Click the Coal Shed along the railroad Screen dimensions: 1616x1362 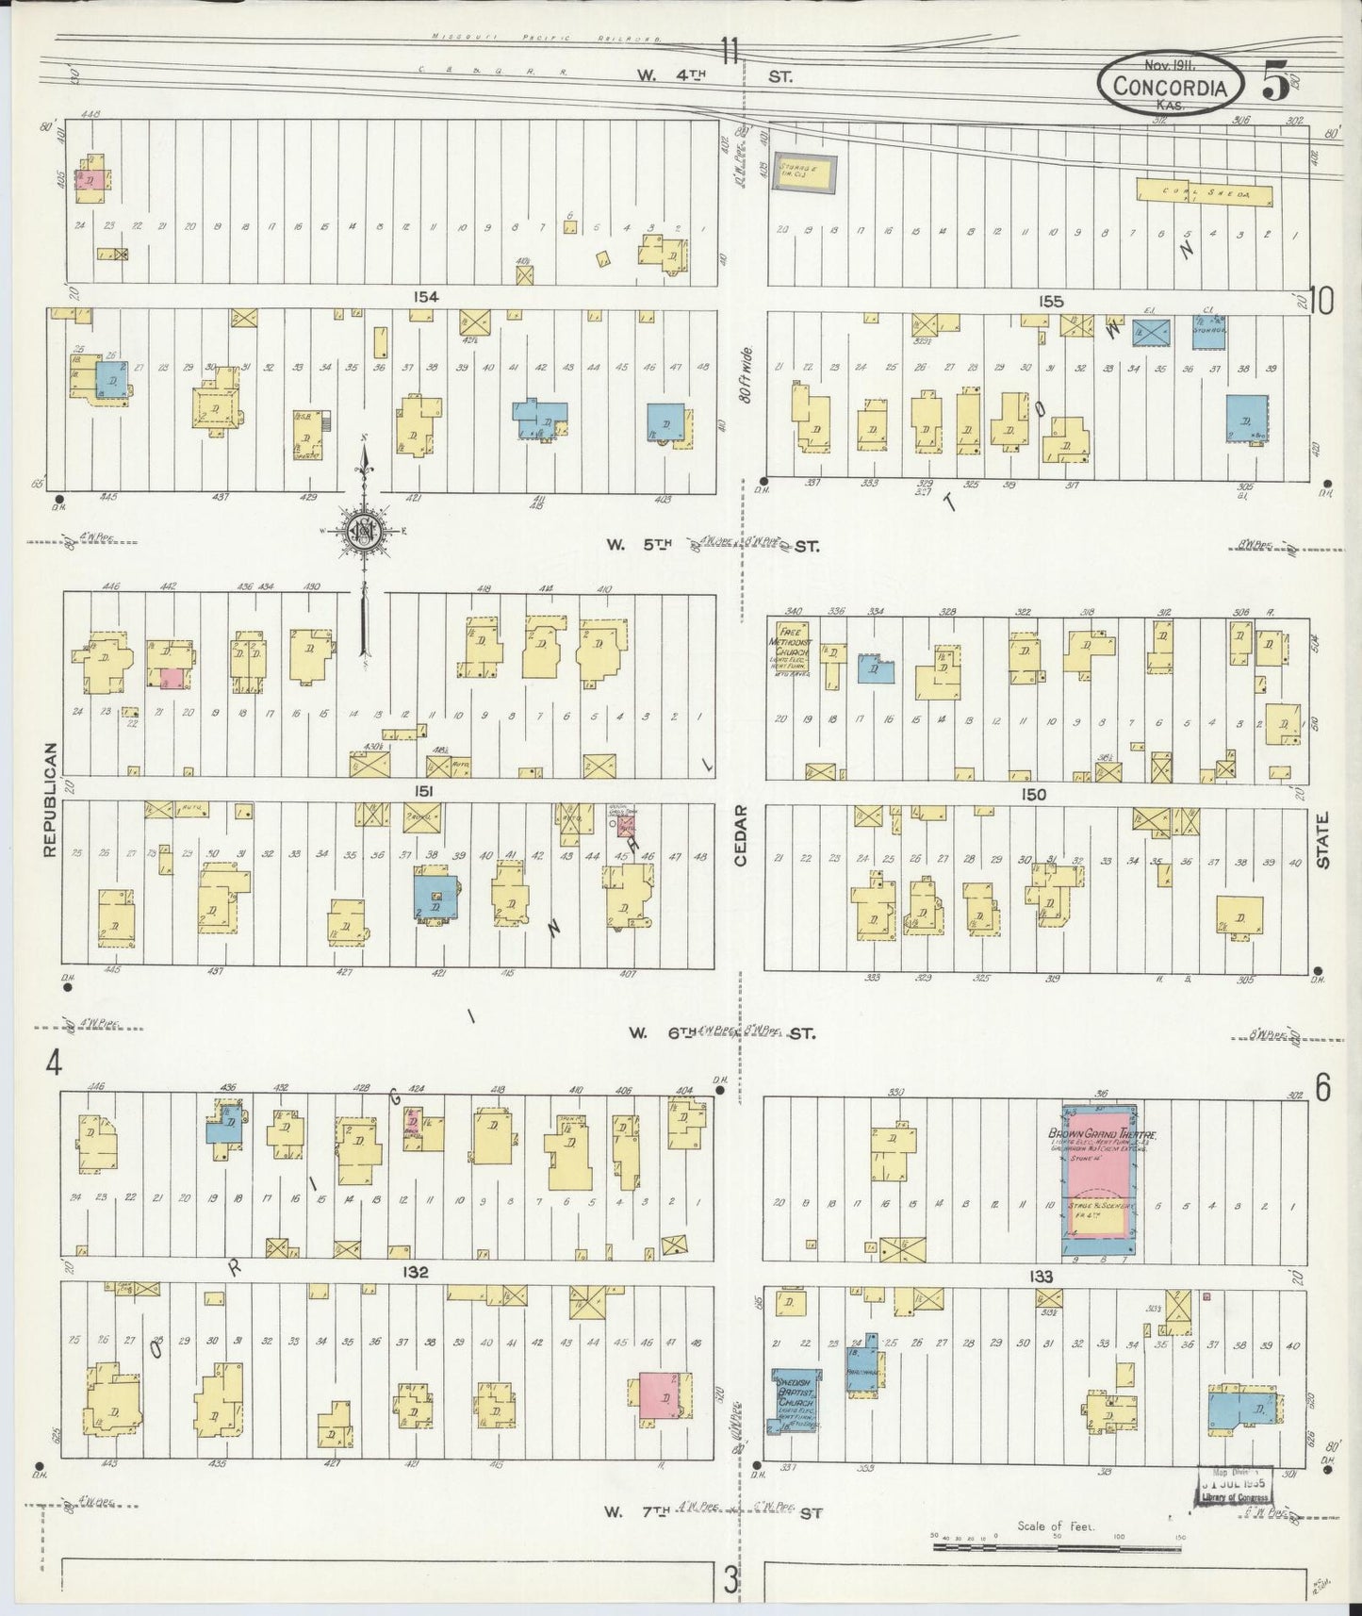click(1204, 193)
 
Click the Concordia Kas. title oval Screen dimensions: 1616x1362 click(1170, 86)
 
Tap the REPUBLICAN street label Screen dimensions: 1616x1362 click(50, 800)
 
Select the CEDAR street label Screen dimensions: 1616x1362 click(741, 835)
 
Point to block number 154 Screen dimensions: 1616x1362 click(426, 297)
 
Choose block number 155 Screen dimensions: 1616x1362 click(1051, 302)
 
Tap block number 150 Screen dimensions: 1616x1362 click(1033, 795)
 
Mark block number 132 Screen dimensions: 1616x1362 click(415, 1272)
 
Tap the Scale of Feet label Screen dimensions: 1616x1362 click(1055, 1525)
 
